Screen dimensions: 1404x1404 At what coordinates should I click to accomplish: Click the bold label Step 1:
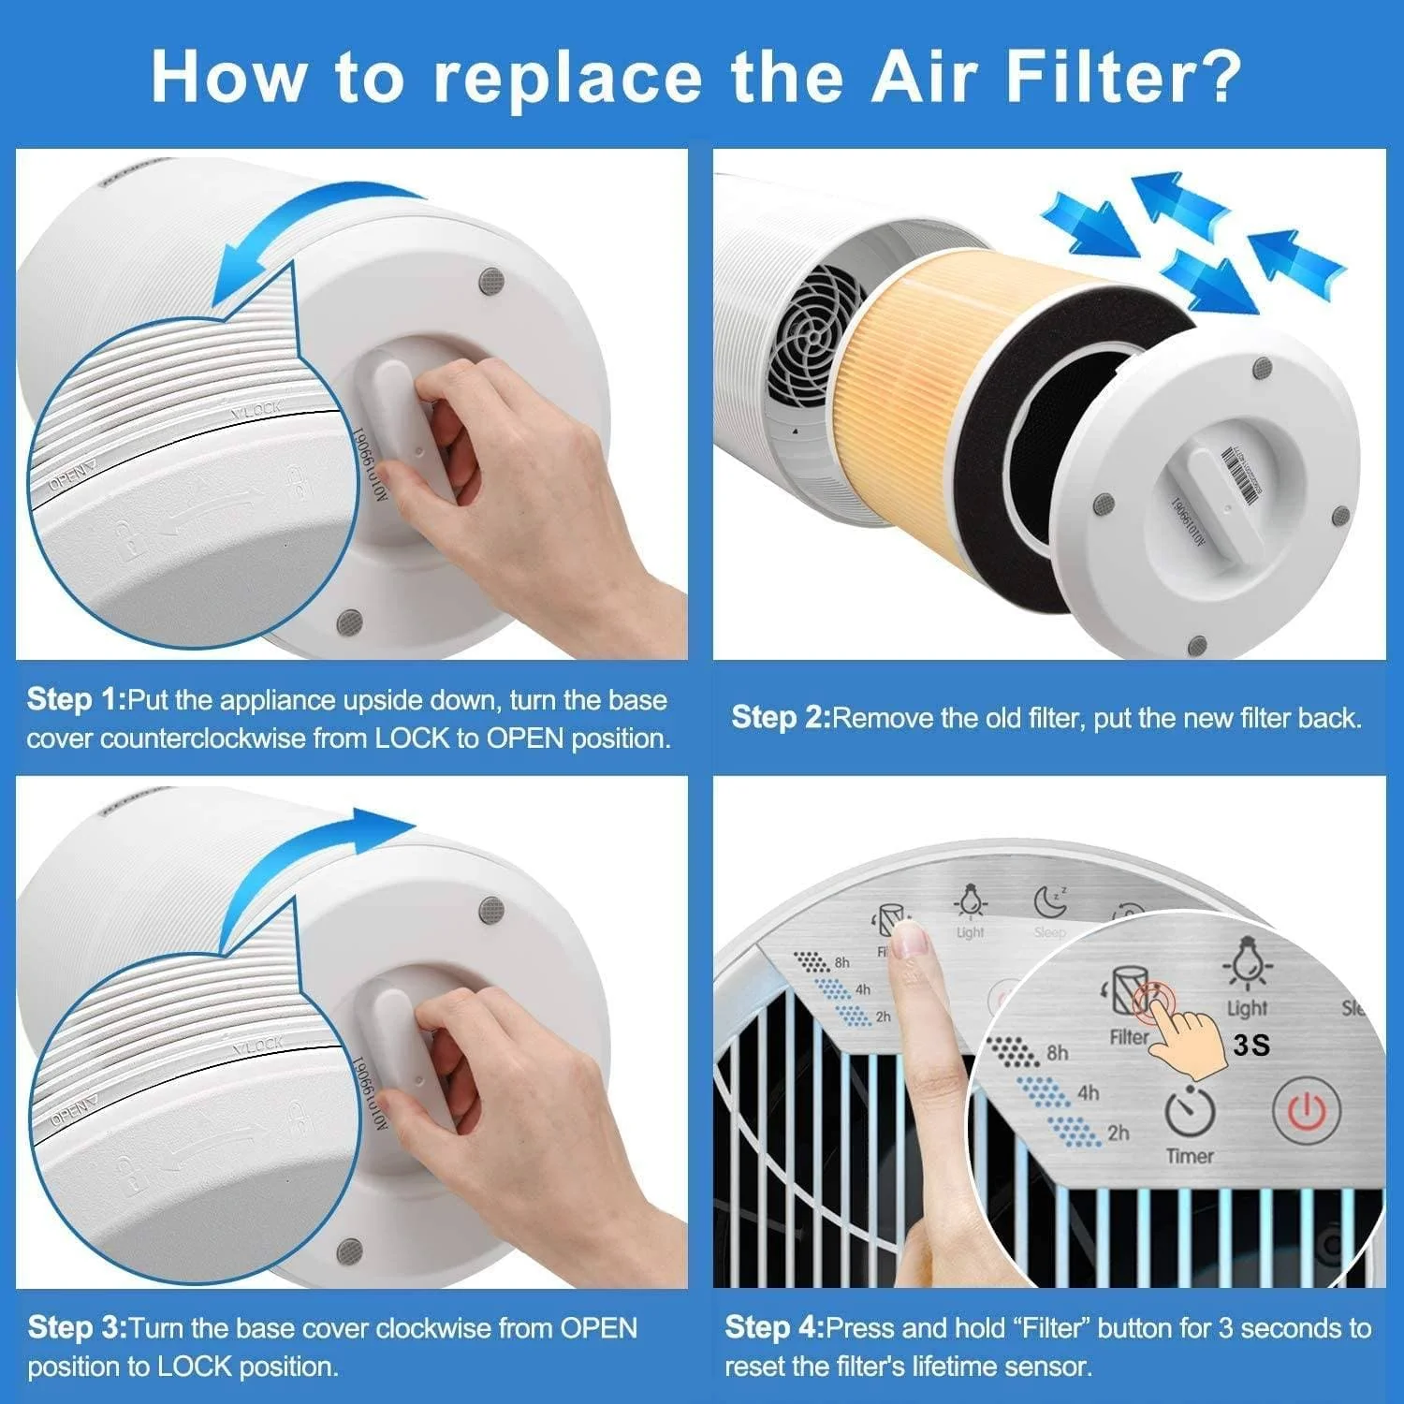[x=75, y=700]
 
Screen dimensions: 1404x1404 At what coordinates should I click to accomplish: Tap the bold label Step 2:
[x=781, y=718]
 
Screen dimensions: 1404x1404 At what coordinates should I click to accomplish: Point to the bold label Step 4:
[x=774, y=1327]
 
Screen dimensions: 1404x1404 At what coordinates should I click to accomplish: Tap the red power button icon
[x=1307, y=1111]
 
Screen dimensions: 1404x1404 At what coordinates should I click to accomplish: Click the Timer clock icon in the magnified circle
[x=1190, y=1112]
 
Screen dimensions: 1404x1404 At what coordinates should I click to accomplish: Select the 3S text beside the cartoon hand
[x=1251, y=1045]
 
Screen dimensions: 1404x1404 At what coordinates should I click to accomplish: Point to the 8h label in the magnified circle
[x=1058, y=1053]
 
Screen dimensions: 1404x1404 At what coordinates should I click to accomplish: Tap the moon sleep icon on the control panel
[x=1050, y=902]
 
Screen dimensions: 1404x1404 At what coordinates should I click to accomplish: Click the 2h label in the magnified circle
[x=1118, y=1133]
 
